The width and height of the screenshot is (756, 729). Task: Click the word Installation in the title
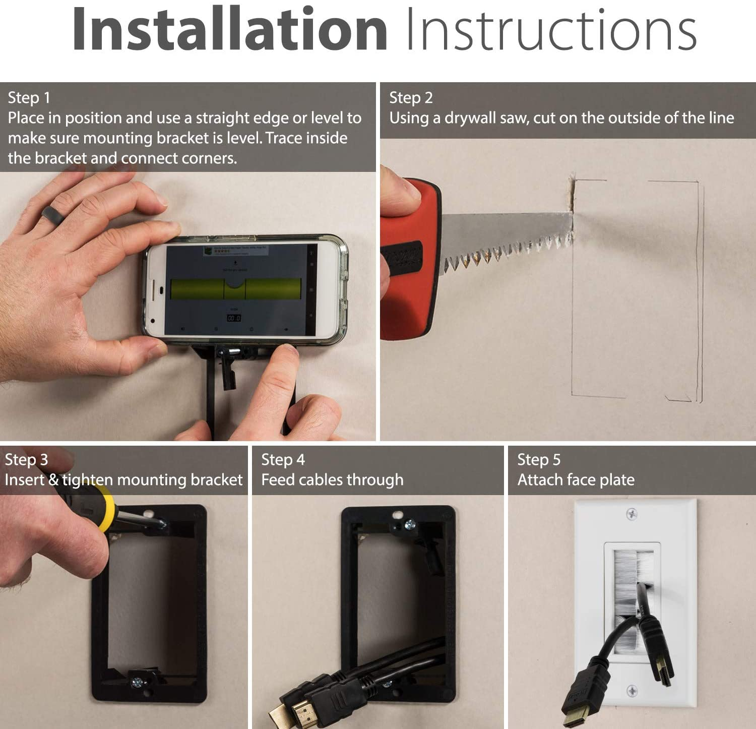point(229,29)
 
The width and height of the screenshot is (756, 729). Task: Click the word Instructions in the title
point(550,29)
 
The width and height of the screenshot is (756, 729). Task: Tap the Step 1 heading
point(29,98)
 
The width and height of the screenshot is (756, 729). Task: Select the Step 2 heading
point(411,98)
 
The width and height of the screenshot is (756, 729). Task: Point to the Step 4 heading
point(283,460)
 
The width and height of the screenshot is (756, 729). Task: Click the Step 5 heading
point(539,460)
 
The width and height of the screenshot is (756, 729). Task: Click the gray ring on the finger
point(51,214)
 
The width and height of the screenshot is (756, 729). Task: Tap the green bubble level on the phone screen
point(233,289)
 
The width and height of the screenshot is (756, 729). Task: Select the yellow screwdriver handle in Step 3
point(103,509)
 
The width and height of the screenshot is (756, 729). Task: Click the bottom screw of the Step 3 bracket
point(137,683)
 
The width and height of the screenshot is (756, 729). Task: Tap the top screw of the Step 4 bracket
point(409,525)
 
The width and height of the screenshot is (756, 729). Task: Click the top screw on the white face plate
point(631,514)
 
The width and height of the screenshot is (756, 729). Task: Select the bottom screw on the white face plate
point(631,691)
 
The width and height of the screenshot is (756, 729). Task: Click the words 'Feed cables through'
point(332,480)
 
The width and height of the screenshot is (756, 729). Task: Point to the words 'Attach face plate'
point(576,480)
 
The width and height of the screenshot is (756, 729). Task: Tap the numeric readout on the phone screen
point(234,318)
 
